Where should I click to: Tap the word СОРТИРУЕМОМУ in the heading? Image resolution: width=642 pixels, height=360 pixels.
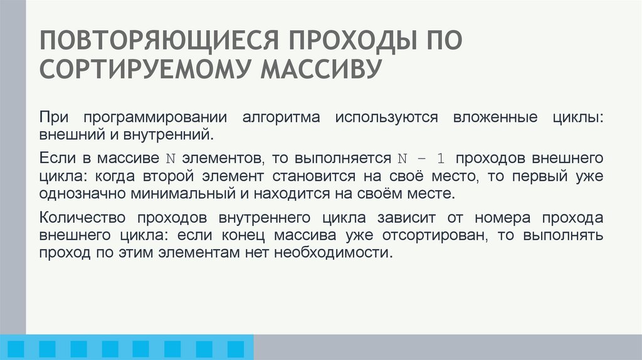click(144, 69)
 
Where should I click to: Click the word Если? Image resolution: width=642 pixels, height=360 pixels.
click(53, 157)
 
